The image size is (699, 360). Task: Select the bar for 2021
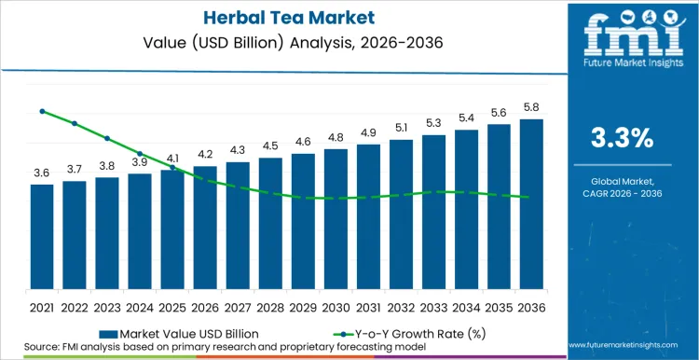[42, 237]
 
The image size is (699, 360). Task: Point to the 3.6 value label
[42, 173]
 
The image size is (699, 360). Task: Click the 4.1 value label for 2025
[172, 159]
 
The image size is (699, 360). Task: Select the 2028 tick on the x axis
[270, 307]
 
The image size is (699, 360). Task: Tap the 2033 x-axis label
[433, 307]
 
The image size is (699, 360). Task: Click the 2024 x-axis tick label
[140, 307]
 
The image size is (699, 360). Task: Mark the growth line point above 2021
[42, 111]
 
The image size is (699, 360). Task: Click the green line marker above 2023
[107, 138]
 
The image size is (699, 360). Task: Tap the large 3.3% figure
[623, 138]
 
